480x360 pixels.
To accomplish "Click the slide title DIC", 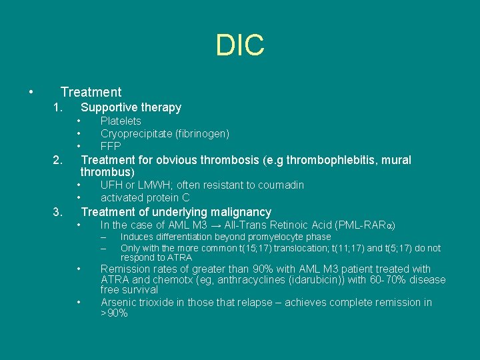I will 240,45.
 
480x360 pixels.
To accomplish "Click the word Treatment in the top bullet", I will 91,92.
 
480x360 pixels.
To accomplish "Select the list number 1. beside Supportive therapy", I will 58,107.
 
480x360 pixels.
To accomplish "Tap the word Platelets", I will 121,121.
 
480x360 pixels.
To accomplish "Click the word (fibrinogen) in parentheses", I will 203,133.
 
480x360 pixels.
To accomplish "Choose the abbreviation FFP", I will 111,146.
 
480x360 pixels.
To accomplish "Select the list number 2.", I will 58,160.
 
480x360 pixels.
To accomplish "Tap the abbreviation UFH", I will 111,185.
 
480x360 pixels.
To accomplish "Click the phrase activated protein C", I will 145,197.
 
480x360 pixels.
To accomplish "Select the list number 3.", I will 58,213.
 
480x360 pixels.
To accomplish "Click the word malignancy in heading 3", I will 240,213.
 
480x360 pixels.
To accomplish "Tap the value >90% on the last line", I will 114,313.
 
